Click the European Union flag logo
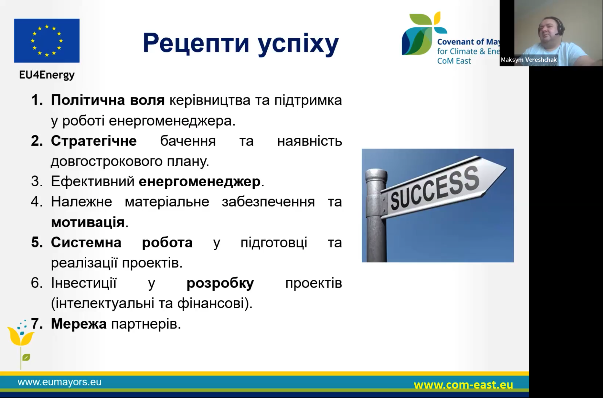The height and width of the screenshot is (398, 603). (47, 41)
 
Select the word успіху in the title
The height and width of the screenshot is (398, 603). (298, 44)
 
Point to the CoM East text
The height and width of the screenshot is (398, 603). (454, 61)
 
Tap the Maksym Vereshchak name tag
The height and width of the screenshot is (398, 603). (529, 60)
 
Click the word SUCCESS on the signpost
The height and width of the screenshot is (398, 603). (435, 189)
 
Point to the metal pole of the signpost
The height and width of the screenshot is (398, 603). (376, 215)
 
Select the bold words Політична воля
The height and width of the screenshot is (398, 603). (108, 100)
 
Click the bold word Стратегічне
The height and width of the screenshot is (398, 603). (94, 141)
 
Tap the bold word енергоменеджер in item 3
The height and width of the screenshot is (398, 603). (200, 182)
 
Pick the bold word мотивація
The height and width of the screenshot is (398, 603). (88, 222)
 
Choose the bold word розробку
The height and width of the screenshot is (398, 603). (220, 283)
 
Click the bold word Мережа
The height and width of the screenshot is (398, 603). (79, 324)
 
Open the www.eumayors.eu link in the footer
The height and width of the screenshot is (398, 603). (60, 382)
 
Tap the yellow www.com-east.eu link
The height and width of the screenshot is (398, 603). (463, 385)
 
